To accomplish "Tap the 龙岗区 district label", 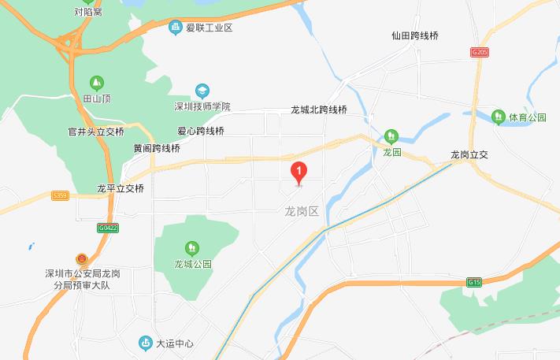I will (x=300, y=211).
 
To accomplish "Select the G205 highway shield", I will (x=479, y=52).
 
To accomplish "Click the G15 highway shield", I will (x=473, y=281).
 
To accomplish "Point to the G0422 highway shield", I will (x=108, y=228).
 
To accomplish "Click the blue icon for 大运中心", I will (x=145, y=343).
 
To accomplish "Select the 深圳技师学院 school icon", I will (x=202, y=91).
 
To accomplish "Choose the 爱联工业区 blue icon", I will (x=176, y=28).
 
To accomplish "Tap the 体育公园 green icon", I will (x=498, y=117).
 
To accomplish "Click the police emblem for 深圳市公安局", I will (x=82, y=259).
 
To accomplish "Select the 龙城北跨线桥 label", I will (x=318, y=110).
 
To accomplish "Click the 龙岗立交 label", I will (x=470, y=155).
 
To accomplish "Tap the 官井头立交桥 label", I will (x=97, y=132).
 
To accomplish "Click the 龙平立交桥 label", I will (x=121, y=189).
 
